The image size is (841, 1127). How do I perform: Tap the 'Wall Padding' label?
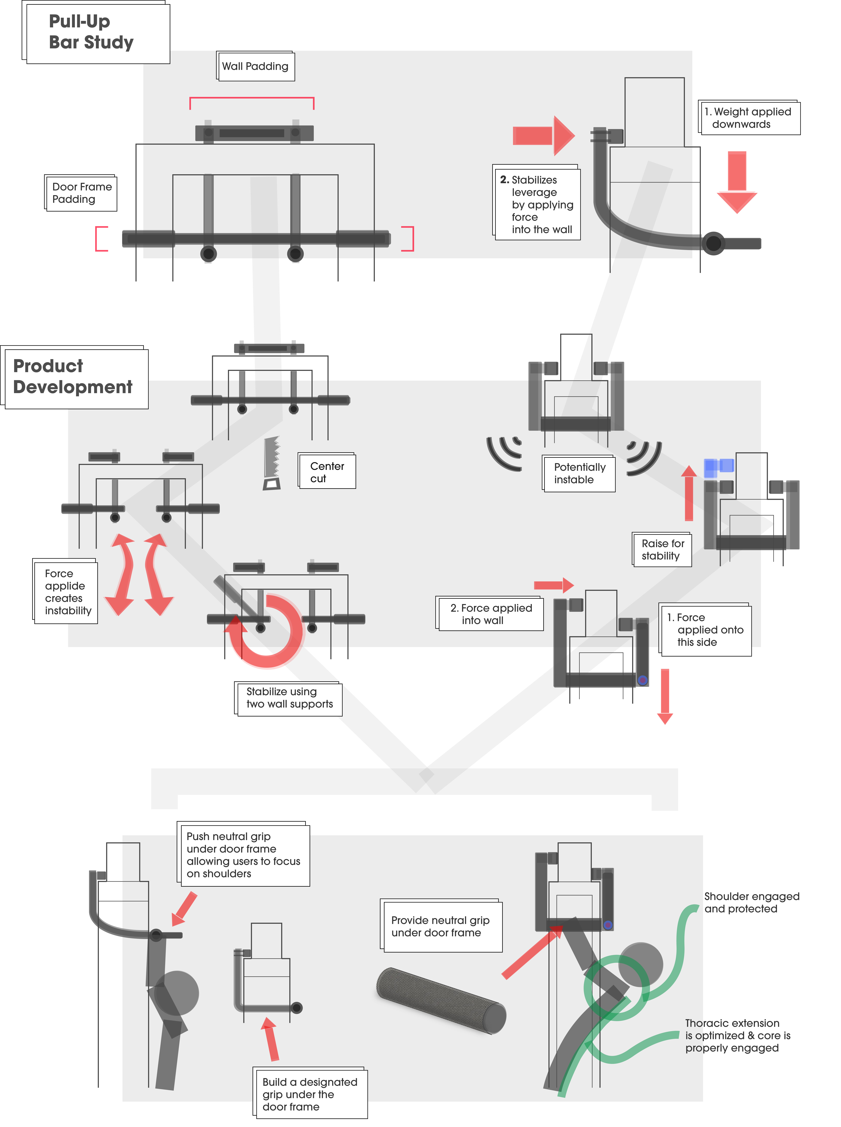pos(256,66)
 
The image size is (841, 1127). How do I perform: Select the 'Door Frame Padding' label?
pos(81,193)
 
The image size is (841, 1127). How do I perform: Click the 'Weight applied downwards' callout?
pos(749,117)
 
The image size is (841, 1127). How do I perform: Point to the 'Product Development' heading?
pos(74,377)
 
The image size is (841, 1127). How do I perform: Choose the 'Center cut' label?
pos(327,471)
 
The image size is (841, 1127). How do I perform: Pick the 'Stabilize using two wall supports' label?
pos(288,699)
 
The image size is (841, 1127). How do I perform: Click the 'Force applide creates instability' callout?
pos(65,591)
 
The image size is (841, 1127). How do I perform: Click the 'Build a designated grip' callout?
pos(310,1093)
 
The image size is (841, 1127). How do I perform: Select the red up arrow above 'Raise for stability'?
pos(689,493)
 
